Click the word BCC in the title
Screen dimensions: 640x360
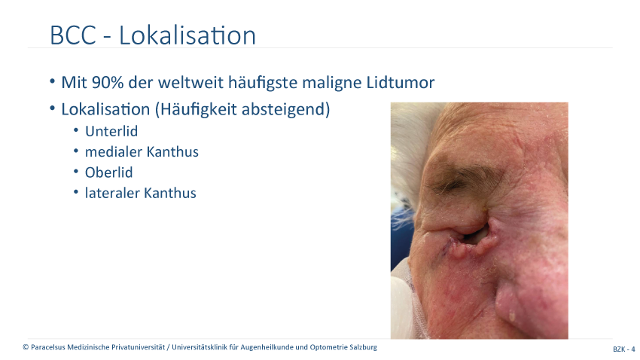pos(72,35)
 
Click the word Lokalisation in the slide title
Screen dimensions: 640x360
pos(187,35)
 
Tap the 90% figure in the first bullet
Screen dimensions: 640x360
pos(108,82)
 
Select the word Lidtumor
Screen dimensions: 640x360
pos(400,82)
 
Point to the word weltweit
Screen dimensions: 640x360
pos(190,82)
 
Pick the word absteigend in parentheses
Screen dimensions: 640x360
pos(285,110)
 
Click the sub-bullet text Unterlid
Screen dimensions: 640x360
pos(111,132)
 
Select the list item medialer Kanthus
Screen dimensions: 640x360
pos(142,152)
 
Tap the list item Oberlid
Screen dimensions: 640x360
pos(108,172)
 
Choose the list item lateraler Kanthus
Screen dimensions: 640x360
pos(140,193)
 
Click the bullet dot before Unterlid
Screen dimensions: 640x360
pos(76,130)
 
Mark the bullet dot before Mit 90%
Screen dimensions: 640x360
pos(52,81)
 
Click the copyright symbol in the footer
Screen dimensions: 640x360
pos(26,347)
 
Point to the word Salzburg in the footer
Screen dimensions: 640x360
pos(364,348)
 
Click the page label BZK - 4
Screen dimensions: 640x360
pos(623,349)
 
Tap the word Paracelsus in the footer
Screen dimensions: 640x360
pos(48,347)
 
